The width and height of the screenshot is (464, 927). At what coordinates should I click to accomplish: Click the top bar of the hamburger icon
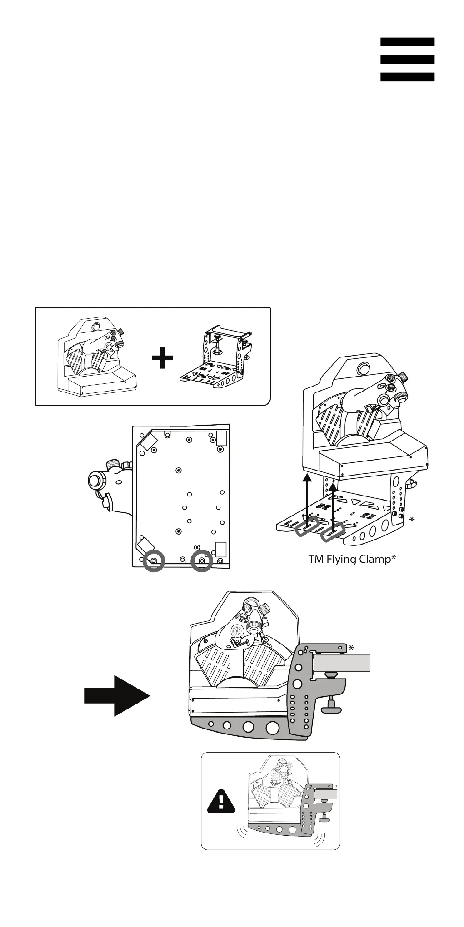click(x=407, y=42)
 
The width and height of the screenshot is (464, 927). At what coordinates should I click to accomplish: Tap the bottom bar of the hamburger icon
click(x=407, y=77)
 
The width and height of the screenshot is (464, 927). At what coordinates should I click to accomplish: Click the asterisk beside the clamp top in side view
click(x=351, y=649)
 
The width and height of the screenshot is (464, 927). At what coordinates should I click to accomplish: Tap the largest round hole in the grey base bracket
click(x=272, y=728)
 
